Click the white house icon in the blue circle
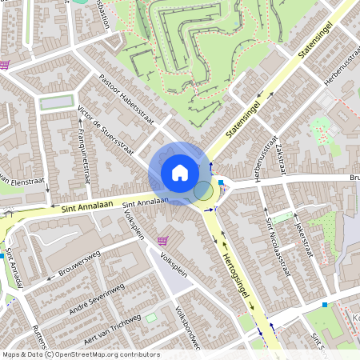point(179,172)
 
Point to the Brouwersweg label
point(79,266)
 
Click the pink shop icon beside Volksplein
point(163,240)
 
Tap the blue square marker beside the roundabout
point(221,183)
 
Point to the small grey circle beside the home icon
point(203,190)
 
